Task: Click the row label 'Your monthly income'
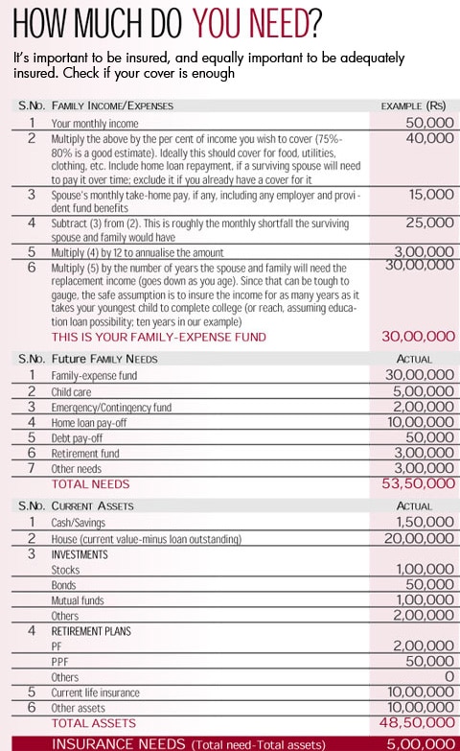tap(95, 124)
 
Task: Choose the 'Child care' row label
tap(78, 391)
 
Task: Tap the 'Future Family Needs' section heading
tap(106, 358)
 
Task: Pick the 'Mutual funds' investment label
tap(79, 599)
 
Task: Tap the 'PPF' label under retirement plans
tap(61, 661)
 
